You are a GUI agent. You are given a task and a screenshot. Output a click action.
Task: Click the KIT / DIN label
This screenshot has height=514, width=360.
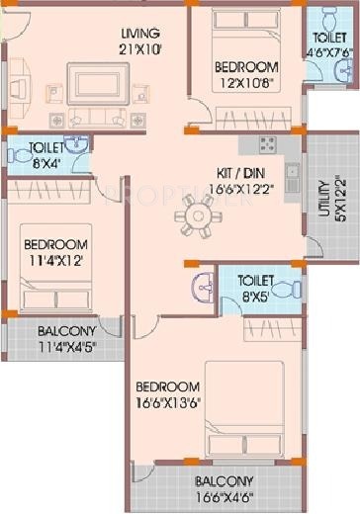click(241, 169)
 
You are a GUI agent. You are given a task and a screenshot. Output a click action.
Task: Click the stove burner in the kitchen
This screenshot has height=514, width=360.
click(267, 145)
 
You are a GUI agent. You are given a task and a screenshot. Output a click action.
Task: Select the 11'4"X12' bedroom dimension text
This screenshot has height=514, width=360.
click(55, 260)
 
